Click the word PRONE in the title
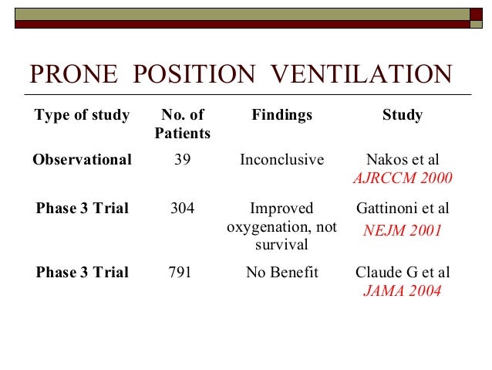[75, 75]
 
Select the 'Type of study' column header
[82, 115]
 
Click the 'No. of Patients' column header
[182, 124]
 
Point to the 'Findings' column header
[281, 115]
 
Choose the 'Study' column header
[402, 115]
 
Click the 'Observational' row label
[82, 160]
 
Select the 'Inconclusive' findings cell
[281, 160]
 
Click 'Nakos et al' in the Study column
[402, 160]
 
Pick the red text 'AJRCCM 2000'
[402, 178]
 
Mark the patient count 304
[183, 208]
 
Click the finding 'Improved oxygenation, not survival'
[281, 226]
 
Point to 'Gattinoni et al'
[402, 208]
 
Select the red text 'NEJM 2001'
[402, 229]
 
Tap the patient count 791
[180, 272]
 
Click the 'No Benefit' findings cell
[281, 272]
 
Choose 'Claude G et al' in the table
[402, 272]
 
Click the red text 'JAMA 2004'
[402, 291]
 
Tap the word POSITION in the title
[194, 75]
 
